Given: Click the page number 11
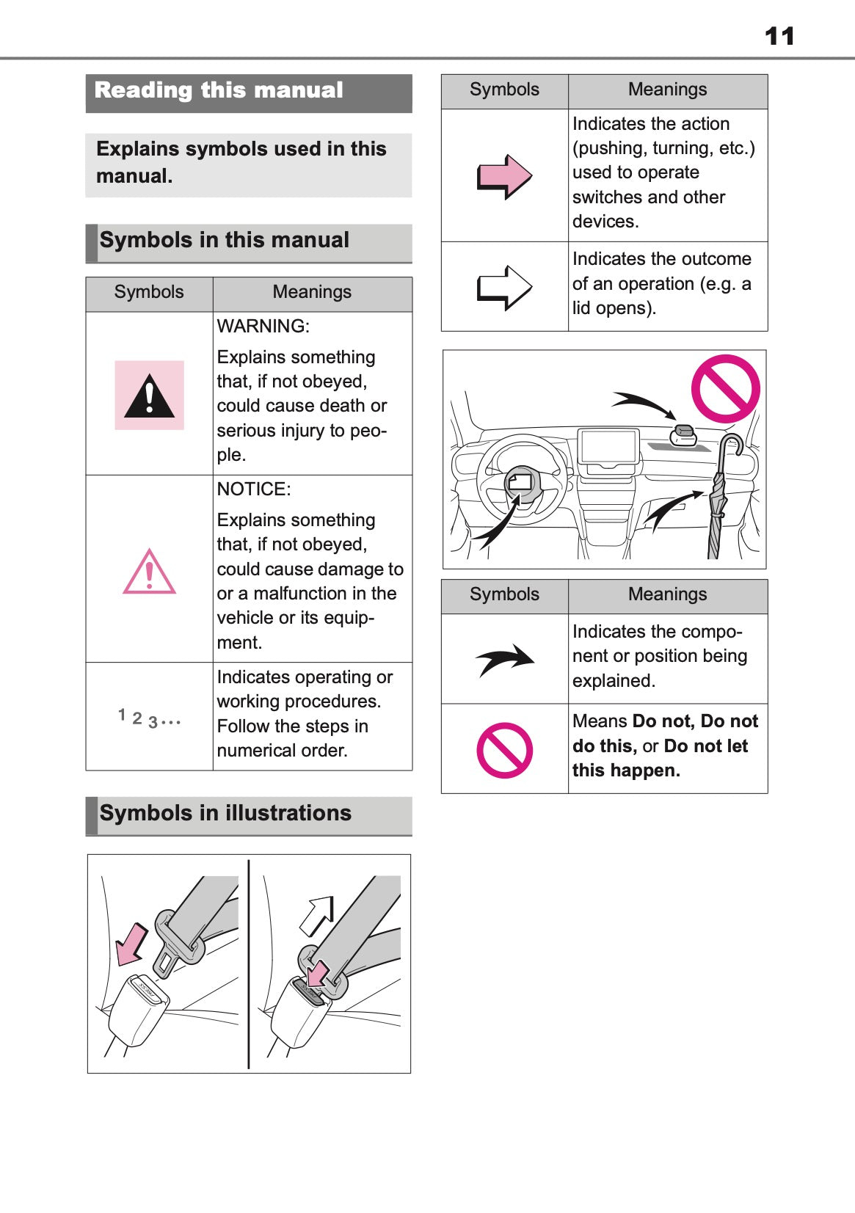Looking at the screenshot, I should pyautogui.click(x=779, y=36).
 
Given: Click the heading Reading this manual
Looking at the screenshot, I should pyautogui.click(x=219, y=90).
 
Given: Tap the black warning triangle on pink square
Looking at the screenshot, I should pyautogui.click(x=149, y=396).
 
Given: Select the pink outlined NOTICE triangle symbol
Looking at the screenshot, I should pyautogui.click(x=149, y=572).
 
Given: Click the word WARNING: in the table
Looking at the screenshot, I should pyautogui.click(x=263, y=327).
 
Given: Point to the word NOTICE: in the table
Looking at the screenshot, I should pyautogui.click(x=253, y=489).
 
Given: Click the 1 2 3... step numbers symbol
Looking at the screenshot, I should pyautogui.click(x=149, y=718).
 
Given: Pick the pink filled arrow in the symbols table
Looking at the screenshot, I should pyautogui.click(x=504, y=177).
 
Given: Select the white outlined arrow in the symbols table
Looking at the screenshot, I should pyautogui.click(x=504, y=287).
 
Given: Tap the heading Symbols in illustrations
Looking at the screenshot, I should pyautogui.click(x=225, y=813).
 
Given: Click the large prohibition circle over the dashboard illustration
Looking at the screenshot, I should pyautogui.click(x=725, y=389).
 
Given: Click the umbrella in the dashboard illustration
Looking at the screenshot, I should pyautogui.click(x=720, y=499).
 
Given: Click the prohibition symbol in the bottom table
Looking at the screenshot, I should pyautogui.click(x=504, y=750).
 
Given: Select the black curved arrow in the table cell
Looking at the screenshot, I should pyautogui.click(x=505, y=659).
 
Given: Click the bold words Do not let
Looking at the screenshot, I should pyautogui.click(x=705, y=746).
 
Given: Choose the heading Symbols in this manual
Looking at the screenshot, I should pyautogui.click(x=224, y=241).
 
